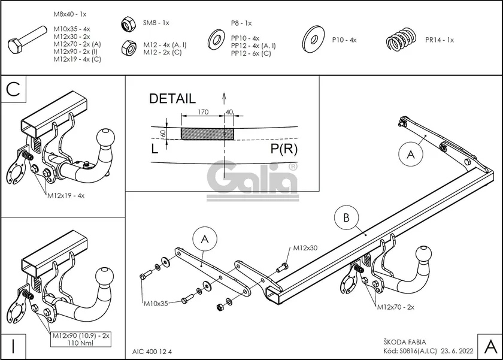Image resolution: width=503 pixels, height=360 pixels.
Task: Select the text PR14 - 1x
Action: pyautogui.click(x=440, y=40)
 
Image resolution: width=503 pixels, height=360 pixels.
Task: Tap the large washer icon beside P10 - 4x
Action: pyautogui.click(x=313, y=37)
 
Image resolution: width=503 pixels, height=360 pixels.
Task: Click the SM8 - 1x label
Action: pyautogui.click(x=156, y=23)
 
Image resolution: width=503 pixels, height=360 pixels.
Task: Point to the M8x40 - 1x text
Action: pyautogui.click(x=69, y=13)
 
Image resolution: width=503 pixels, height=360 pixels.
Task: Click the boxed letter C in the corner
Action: pyautogui.click(x=14, y=90)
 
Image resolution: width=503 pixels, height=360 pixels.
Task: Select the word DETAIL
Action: pyautogui.click(x=172, y=98)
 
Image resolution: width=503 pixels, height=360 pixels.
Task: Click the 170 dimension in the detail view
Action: pyautogui.click(x=202, y=111)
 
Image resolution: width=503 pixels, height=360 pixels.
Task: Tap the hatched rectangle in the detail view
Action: pyautogui.click(x=207, y=133)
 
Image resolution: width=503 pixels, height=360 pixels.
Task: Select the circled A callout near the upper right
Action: pyautogui.click(x=410, y=155)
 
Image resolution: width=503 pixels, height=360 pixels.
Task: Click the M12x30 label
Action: pyautogui.click(x=305, y=248)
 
